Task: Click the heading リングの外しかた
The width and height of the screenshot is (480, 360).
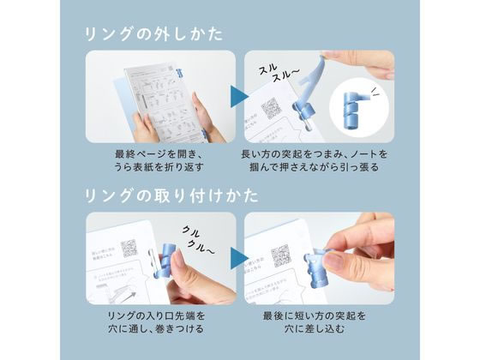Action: coord(153,34)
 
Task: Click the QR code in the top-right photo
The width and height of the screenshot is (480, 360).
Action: coord(272,108)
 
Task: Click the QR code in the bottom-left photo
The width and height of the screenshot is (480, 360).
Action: coord(129,249)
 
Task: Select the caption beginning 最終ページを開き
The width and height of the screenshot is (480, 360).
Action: coord(159,159)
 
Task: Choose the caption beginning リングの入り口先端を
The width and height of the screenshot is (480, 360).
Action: coord(159,321)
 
